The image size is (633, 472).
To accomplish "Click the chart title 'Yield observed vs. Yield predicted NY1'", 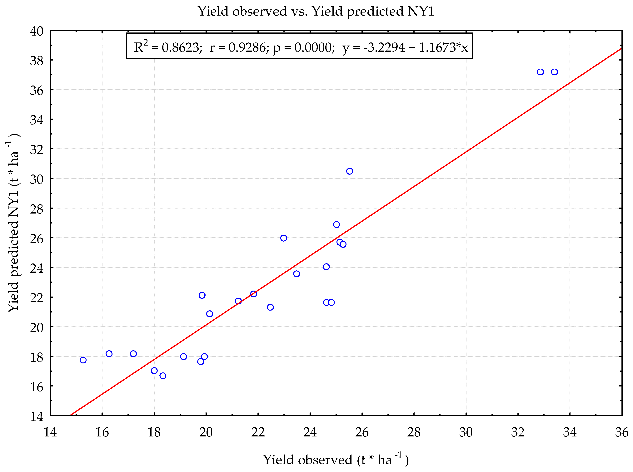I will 316,11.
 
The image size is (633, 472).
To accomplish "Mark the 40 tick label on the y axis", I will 37,31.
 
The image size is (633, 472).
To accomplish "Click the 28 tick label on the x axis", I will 414,432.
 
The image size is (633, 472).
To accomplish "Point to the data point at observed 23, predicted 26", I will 284,238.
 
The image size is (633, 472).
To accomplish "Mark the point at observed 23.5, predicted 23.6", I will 297,274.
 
